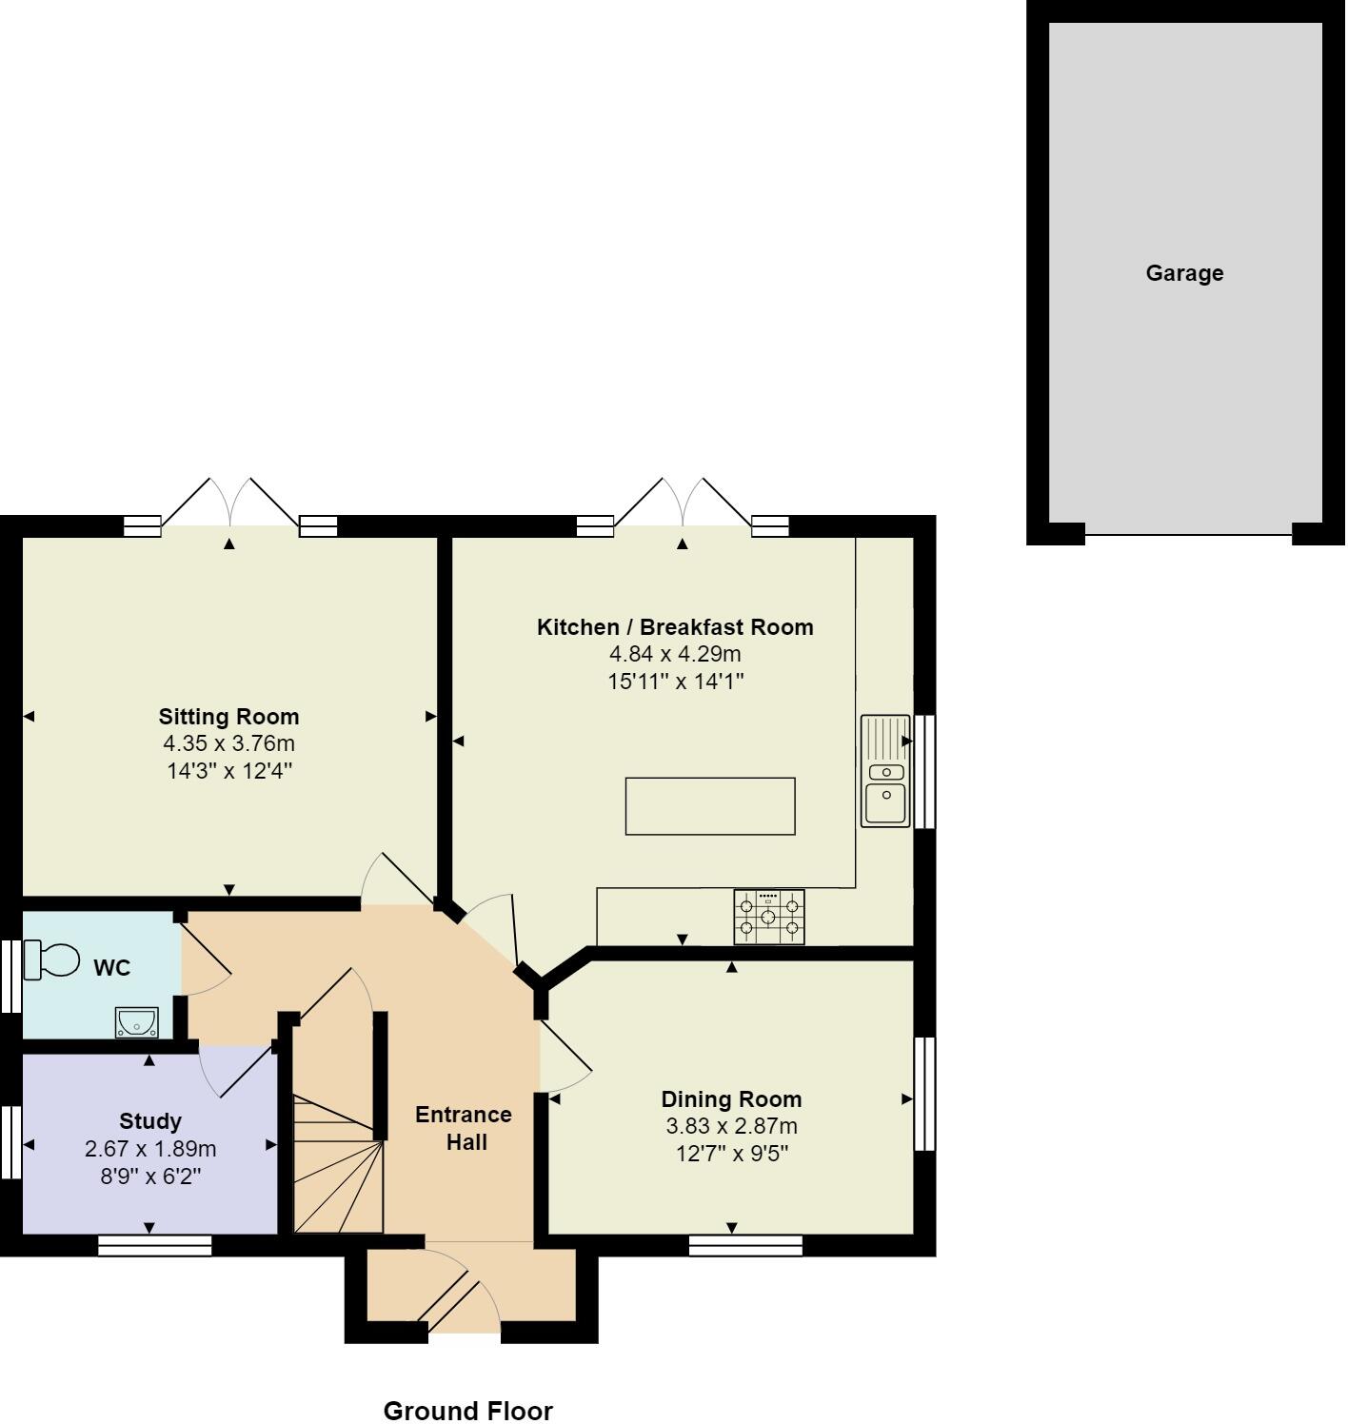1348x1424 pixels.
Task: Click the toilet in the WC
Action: [x=51, y=959]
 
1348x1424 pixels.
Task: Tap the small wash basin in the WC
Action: [x=136, y=1022]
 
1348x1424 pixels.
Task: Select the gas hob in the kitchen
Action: [x=768, y=917]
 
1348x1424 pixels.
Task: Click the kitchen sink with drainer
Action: [x=885, y=770]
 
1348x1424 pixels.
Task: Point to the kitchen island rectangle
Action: [x=709, y=806]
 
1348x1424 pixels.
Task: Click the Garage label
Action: [x=1183, y=273]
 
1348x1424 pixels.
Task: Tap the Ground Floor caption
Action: [x=467, y=1410]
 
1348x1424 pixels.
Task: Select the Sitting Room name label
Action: [x=228, y=717]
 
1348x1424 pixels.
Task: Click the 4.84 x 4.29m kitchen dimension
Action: [x=675, y=654]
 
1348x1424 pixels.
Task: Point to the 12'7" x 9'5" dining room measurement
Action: [x=731, y=1154]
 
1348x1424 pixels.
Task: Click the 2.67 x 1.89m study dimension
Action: [x=150, y=1149]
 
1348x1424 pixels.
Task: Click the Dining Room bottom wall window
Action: [x=745, y=1245]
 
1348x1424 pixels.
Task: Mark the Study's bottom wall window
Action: [x=154, y=1245]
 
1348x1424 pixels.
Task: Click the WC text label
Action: [x=111, y=968]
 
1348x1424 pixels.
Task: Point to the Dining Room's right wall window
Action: [x=924, y=1094]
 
